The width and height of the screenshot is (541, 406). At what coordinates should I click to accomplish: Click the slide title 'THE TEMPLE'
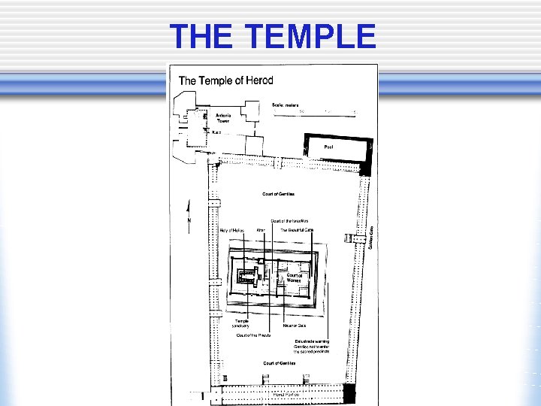coord(272,35)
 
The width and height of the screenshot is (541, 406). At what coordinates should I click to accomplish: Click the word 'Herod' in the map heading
coord(258,80)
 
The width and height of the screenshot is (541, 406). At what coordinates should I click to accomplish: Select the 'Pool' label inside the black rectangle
coord(328,147)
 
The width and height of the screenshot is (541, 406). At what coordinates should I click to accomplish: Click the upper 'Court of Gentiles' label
coord(278,194)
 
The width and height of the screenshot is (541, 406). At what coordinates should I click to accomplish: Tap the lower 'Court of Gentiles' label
coord(279,363)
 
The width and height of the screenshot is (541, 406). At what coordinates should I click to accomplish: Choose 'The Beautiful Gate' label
coord(297,229)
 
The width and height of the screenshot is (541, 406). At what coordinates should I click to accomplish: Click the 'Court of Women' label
coord(294,277)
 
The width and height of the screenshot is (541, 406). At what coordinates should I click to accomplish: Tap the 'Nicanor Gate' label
coord(294,326)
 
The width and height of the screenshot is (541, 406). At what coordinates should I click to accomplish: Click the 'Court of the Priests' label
coord(253,335)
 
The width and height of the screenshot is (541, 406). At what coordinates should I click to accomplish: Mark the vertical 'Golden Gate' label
coord(370,238)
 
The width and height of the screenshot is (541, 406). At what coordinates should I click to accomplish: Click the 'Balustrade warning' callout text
coord(312,346)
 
